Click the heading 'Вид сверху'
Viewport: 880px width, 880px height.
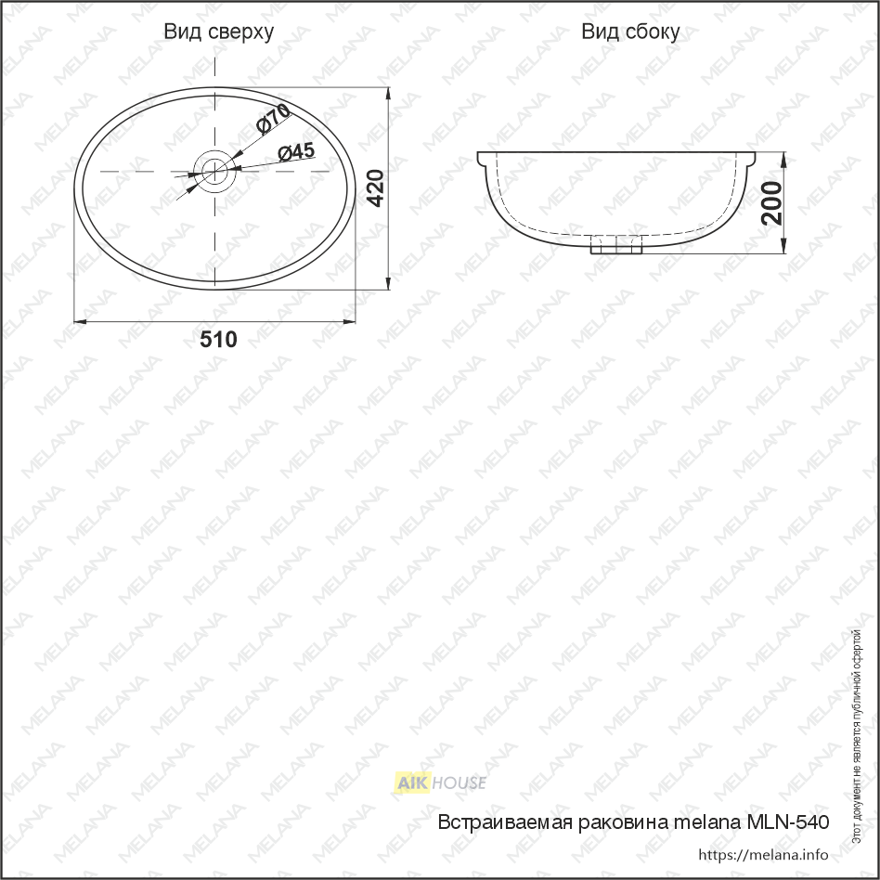219,32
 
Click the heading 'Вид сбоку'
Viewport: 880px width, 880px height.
630,32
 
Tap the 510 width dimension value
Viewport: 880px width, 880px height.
218,340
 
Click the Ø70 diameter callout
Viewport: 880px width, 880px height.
273,119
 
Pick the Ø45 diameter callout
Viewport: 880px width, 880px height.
296,151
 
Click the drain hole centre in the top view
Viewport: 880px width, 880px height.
215,171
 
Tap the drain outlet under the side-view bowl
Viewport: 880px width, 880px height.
616,245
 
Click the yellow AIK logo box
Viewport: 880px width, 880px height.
412,783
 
